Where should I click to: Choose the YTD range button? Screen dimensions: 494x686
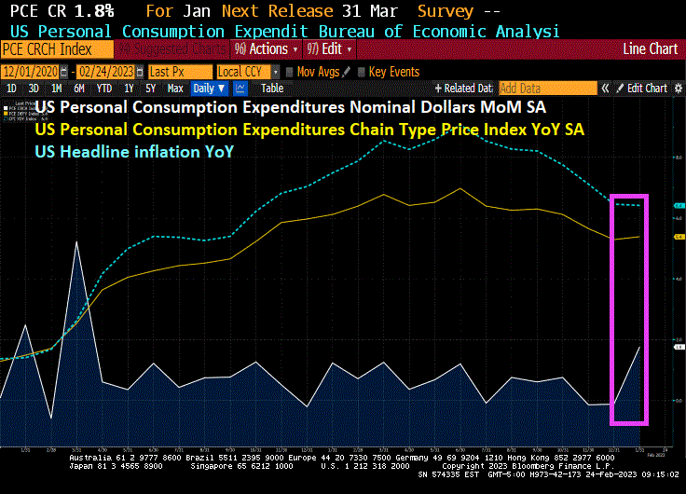pos(104,89)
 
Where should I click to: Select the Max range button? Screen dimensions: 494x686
pos(174,89)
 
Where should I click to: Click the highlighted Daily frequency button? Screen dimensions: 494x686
pos(208,89)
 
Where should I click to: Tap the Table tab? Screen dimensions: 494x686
pos(272,89)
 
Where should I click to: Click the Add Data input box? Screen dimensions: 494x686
pos(546,89)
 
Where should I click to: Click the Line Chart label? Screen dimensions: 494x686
pos(650,48)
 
